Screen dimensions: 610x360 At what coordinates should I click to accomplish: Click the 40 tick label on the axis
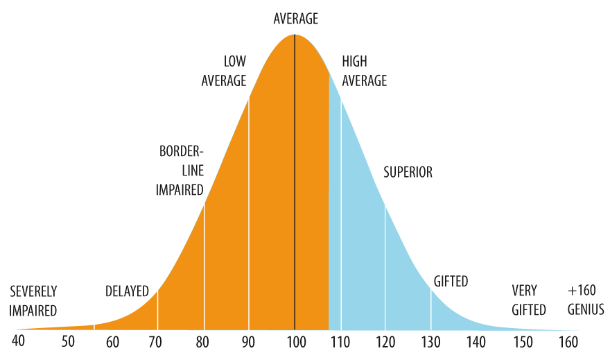coord(18,341)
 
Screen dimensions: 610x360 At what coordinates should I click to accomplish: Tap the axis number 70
coord(155,342)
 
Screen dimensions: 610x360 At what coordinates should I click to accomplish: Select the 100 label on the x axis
coord(297,342)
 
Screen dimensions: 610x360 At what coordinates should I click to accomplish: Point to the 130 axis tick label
coord(430,342)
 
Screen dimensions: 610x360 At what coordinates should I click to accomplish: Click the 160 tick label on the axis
coord(568,342)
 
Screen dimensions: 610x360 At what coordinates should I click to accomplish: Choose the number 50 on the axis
coord(68,341)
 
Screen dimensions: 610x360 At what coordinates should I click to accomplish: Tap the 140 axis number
coord(476,342)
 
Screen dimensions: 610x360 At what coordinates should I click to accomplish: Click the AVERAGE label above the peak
coord(296,18)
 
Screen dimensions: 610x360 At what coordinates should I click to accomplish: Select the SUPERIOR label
coord(408,172)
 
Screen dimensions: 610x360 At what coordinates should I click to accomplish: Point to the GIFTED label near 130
coord(451,281)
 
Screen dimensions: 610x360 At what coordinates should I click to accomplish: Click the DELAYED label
coord(127,291)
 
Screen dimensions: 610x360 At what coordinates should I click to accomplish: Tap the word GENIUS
coord(586,309)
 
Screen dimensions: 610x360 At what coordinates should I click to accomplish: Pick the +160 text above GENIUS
coord(582,291)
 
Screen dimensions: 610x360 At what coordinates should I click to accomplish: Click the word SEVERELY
coord(33,291)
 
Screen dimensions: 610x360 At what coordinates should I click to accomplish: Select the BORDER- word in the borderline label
coord(182,151)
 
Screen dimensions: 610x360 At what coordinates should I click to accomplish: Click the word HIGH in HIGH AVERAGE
coord(354,61)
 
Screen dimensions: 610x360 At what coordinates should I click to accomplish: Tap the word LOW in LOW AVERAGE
coord(234,61)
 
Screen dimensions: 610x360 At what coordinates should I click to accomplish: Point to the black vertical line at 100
coord(295,182)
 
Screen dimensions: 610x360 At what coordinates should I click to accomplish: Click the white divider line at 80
coord(204,266)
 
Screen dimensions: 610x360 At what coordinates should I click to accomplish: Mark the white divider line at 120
coord(385,267)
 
